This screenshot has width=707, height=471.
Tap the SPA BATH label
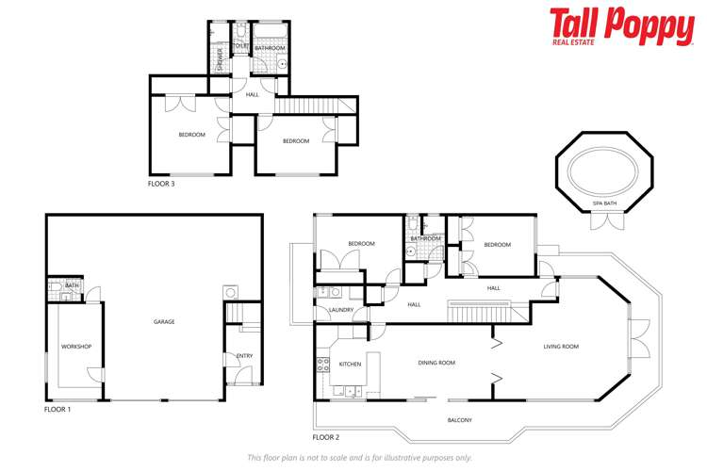[605, 203]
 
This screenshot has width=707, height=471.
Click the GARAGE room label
[164, 322]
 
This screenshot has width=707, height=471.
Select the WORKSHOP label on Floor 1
[76, 347]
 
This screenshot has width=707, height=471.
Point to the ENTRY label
[244, 355]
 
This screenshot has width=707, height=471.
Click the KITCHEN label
[351, 363]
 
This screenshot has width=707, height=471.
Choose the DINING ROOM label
[436, 363]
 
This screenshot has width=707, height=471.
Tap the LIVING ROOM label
[561, 347]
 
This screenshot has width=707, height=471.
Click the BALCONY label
[459, 420]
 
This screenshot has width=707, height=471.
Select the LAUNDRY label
[340, 310]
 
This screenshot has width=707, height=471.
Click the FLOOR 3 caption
[161, 184]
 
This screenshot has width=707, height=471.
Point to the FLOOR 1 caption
[58, 410]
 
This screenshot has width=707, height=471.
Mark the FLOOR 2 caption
[325, 437]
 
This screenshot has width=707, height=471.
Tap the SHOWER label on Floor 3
[220, 57]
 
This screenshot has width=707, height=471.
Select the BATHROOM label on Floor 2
[425, 239]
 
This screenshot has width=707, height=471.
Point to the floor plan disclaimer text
[359, 457]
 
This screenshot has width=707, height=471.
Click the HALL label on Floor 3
[252, 94]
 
